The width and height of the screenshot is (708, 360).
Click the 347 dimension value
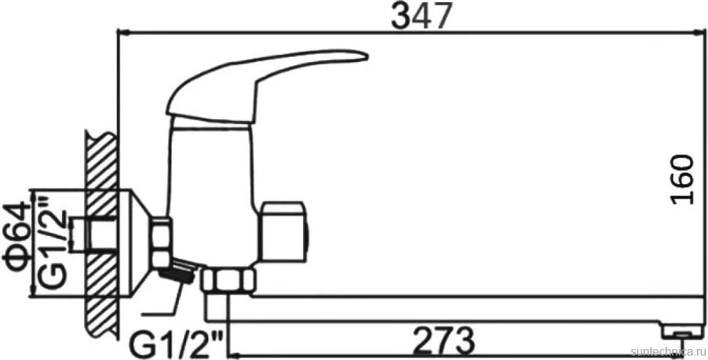click(x=421, y=16)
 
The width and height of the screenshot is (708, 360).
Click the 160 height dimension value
click(x=682, y=180)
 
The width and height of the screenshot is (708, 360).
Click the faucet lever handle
click(x=266, y=86)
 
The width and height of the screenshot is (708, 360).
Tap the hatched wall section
click(x=99, y=235)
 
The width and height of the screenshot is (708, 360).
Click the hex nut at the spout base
click(x=228, y=280)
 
